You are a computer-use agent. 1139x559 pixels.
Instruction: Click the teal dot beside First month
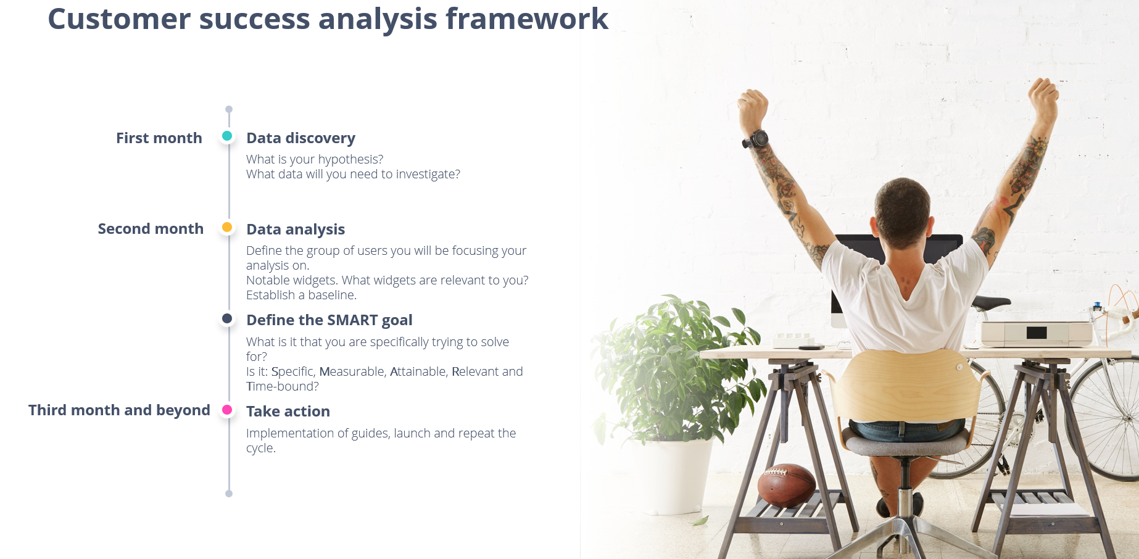(227, 136)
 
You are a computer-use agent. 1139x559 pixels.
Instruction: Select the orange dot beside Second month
(227, 227)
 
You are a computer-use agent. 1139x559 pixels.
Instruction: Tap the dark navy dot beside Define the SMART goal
(227, 318)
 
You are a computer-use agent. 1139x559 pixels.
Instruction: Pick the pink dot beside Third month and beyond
(227, 410)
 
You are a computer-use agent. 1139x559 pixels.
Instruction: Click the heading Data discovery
(300, 138)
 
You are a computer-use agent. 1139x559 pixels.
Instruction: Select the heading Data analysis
(296, 230)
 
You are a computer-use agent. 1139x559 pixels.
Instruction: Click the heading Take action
(288, 412)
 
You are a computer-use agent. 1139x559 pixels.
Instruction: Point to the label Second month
(151, 229)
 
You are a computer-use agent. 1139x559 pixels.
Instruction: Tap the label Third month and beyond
(119, 410)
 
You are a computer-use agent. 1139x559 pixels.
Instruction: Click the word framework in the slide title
(527, 19)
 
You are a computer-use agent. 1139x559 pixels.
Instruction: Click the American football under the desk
(786, 486)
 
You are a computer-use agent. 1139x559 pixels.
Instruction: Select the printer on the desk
(1037, 333)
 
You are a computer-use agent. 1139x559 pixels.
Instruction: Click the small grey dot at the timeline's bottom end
(229, 494)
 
